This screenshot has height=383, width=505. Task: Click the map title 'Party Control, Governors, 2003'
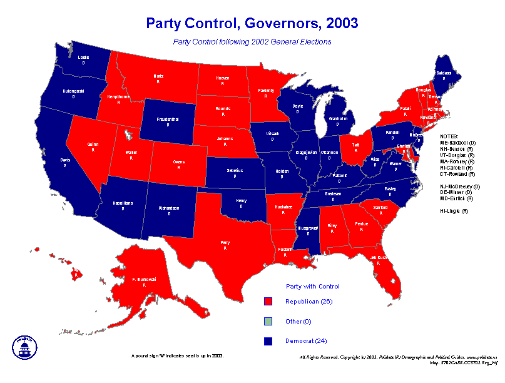[252, 24]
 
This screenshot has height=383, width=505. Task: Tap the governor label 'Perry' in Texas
[225, 242]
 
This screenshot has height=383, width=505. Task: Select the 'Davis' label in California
[65, 160]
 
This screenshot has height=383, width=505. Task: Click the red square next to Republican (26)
[268, 302]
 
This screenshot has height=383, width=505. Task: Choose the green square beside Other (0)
[268, 322]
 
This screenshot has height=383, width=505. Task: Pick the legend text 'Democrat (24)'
[306, 341]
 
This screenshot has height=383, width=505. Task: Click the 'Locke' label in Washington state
[83, 58]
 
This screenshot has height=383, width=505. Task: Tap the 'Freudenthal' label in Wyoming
[168, 119]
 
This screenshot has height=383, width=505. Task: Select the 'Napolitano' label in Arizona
[123, 203]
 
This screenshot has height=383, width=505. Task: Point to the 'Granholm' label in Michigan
[338, 118]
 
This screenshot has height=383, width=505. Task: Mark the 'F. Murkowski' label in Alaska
[144, 279]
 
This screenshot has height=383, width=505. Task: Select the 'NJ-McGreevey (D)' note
[460, 186]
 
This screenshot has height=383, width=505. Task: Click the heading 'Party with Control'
[313, 286]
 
